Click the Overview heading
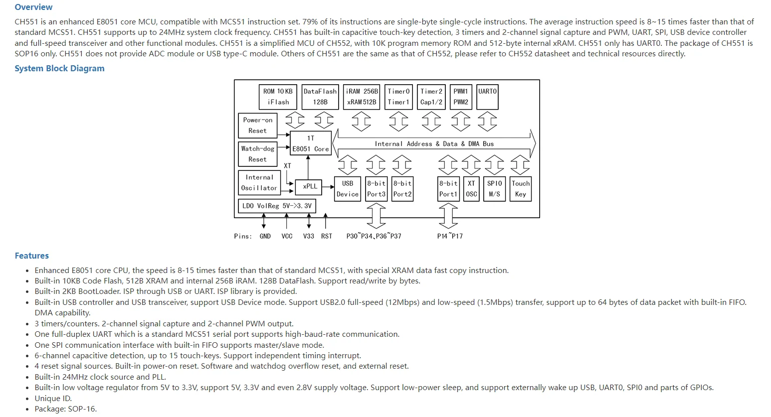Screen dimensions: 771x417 click(x=33, y=7)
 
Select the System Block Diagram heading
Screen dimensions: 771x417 click(x=59, y=68)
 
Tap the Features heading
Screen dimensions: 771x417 click(x=31, y=256)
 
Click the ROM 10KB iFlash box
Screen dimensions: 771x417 click(x=278, y=97)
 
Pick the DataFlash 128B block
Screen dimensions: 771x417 click(x=320, y=97)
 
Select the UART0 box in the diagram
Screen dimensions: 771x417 click(x=487, y=97)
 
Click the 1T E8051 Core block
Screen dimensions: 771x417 click(x=311, y=143)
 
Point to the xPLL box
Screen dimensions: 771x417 click(x=308, y=187)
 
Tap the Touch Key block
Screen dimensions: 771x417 click(x=521, y=189)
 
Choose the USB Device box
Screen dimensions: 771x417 click(x=348, y=189)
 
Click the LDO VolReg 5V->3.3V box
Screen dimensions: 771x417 click(x=277, y=206)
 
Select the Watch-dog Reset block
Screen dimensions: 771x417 click(x=257, y=154)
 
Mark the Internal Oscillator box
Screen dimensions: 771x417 click(x=259, y=182)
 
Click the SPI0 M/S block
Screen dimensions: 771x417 click(x=494, y=189)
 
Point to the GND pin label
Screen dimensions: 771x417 click(x=265, y=236)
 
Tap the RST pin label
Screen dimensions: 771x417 click(x=327, y=236)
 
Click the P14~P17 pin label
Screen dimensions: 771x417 click(x=450, y=236)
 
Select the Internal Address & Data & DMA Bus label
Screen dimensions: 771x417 click(x=434, y=143)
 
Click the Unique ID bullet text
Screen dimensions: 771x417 click(x=53, y=399)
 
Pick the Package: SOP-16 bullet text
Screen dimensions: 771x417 click(x=66, y=409)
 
